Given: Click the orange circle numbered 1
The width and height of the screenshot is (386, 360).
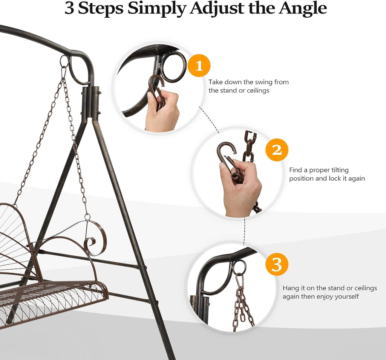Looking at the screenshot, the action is (x=199, y=66).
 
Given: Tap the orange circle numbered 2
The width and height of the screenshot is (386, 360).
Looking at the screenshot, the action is (x=277, y=150).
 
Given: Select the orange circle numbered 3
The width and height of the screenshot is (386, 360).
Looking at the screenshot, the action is (x=277, y=264).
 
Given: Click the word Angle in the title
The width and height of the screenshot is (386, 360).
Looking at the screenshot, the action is (x=303, y=9).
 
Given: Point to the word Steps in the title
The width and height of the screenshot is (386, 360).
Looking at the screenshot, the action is (x=101, y=9).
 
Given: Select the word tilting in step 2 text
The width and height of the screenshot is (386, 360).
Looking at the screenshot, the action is (x=340, y=170).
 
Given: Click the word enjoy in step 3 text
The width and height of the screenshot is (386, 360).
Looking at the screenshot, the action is (x=325, y=297).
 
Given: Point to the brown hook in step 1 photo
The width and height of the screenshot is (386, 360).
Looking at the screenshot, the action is (x=158, y=92).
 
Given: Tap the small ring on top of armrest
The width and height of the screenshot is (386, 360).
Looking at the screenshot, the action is (x=87, y=217).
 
